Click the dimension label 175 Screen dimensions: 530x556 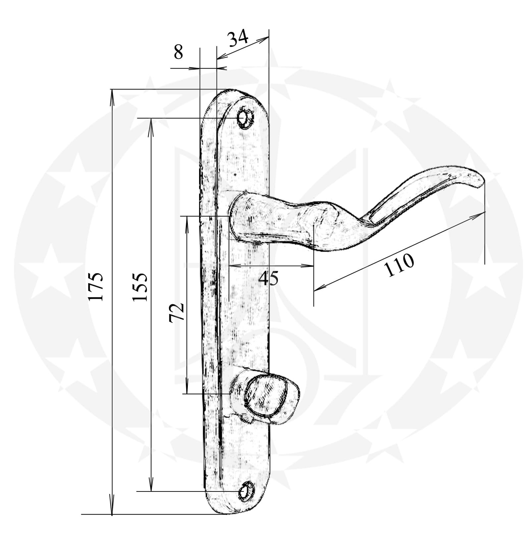pyautogui.click(x=96, y=286)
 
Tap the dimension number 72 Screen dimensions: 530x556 pyautogui.click(x=177, y=312)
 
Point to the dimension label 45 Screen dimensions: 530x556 pyautogui.click(x=268, y=278)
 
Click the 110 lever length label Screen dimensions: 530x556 pyautogui.click(x=399, y=265)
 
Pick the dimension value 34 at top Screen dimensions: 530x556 pyautogui.click(x=238, y=38)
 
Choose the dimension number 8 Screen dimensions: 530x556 pyautogui.click(x=178, y=52)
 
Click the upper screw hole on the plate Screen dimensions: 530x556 pyautogui.click(x=245, y=118)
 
